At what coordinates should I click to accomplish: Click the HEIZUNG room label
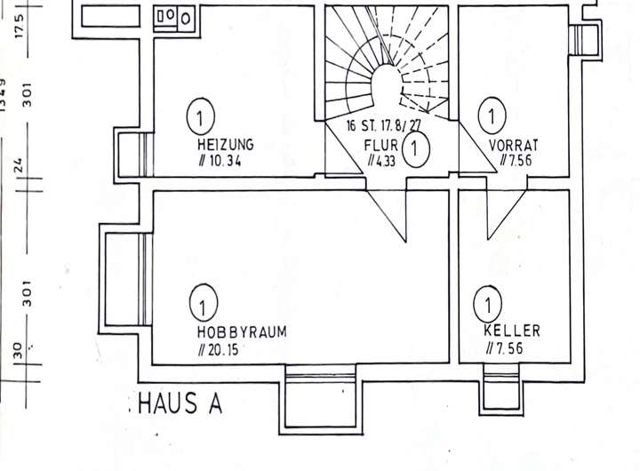[225, 145]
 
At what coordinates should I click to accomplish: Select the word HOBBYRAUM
[242, 331]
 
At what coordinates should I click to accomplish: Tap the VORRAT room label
[514, 146]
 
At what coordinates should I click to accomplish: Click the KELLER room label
[512, 331]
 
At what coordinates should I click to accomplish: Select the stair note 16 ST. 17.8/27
[384, 125]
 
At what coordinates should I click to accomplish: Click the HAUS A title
[180, 403]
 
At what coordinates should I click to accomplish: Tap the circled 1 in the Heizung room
[200, 117]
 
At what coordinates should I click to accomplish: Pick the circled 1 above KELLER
[487, 305]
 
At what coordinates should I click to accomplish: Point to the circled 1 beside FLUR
[415, 148]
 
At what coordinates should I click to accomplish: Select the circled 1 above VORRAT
[492, 116]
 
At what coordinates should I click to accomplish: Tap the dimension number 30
[17, 351]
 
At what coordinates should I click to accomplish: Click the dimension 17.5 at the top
[20, 26]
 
